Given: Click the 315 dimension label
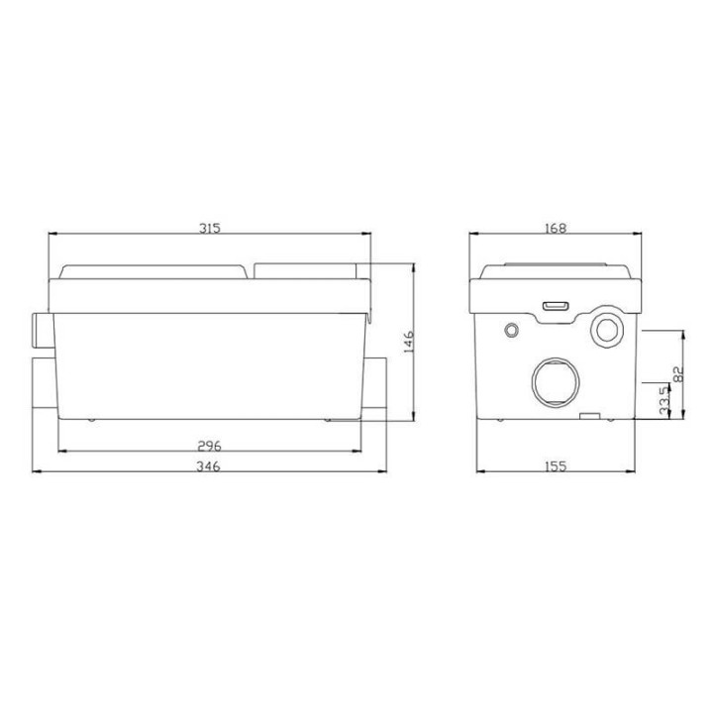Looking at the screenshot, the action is (210, 228).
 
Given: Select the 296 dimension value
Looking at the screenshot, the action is (209, 446).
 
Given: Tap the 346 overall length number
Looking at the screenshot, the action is (208, 466).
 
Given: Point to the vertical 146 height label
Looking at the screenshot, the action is (408, 342).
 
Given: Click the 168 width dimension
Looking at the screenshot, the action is (556, 228).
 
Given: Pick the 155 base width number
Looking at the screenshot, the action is (556, 466).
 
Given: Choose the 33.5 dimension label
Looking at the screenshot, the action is (664, 401).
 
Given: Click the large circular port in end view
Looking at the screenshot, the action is (556, 382).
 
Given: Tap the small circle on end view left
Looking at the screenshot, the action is (512, 330).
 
